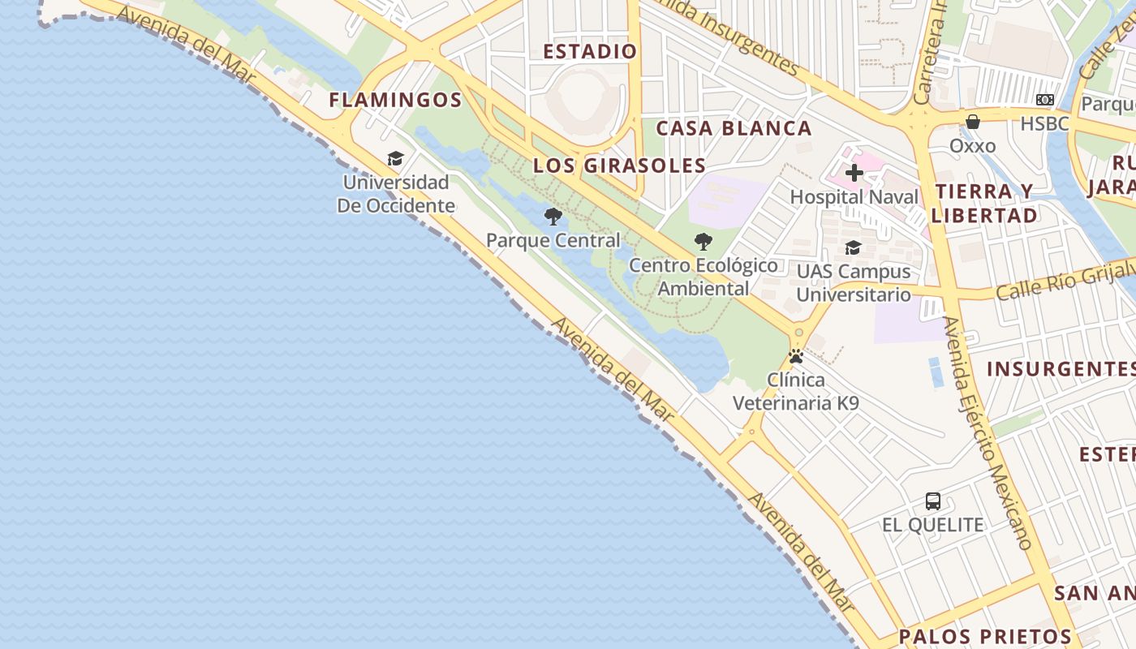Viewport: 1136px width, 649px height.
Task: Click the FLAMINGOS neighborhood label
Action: tap(395, 100)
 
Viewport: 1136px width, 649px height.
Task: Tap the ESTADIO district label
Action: tap(590, 51)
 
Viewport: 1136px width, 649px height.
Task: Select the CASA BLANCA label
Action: tap(734, 128)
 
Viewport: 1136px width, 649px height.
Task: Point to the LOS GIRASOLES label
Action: tap(619, 165)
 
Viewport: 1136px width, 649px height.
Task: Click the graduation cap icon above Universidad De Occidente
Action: tap(395, 158)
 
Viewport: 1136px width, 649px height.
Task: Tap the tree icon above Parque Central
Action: tap(553, 217)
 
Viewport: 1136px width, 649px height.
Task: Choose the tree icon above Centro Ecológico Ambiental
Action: tap(704, 241)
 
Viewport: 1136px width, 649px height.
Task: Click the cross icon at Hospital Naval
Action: tap(854, 173)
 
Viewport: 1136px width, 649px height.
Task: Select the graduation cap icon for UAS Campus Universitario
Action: tap(854, 247)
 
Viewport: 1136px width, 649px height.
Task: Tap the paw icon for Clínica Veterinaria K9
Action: tap(796, 356)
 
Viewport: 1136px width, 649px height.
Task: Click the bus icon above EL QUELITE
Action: tap(933, 501)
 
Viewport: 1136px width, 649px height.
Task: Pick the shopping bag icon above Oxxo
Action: tap(972, 122)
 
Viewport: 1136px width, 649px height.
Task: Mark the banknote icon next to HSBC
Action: tap(1045, 100)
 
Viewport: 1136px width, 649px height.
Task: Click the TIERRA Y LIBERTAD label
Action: tap(983, 203)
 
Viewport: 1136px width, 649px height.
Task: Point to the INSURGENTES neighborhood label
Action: tap(1060, 369)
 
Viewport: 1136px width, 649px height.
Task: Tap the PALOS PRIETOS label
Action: tap(985, 636)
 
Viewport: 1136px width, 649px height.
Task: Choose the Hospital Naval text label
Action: tap(854, 197)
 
